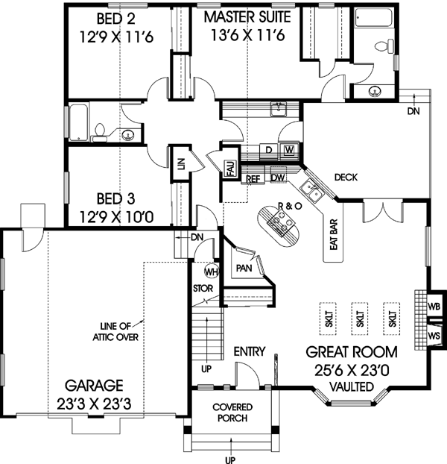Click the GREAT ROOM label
point(352,351)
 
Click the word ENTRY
point(250,351)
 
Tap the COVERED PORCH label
point(232,413)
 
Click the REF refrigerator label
point(253,179)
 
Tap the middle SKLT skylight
point(359,316)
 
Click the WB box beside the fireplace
point(434,306)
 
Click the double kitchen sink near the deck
point(314,191)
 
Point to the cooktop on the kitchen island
point(282,219)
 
